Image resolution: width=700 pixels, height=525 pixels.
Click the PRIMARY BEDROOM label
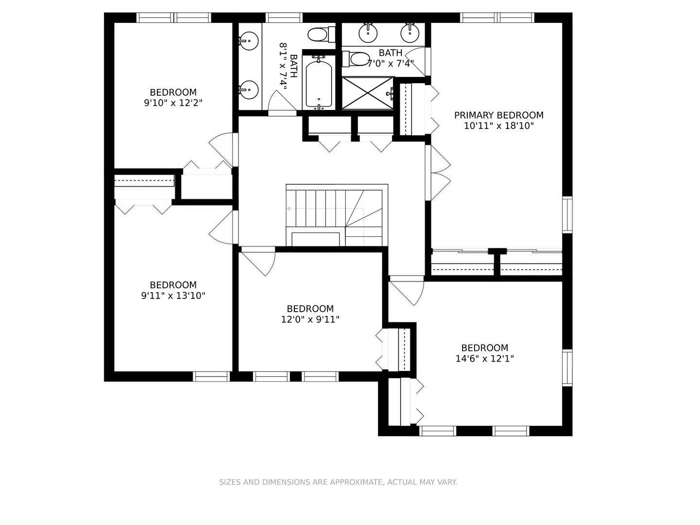pyautogui.click(x=498, y=115)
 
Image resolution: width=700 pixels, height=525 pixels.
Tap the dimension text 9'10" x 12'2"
pyautogui.click(x=173, y=103)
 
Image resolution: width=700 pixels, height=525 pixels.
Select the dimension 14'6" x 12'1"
pyautogui.click(x=484, y=359)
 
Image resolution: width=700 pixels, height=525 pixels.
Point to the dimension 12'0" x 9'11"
pyautogui.click(x=310, y=319)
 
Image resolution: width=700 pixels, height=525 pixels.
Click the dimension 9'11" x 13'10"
pyautogui.click(x=173, y=296)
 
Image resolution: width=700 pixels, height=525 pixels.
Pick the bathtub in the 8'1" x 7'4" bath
pyautogui.click(x=319, y=83)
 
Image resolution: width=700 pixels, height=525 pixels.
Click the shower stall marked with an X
pyautogui.click(x=368, y=93)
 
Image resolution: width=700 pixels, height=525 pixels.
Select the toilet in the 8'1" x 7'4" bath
pyautogui.click(x=319, y=35)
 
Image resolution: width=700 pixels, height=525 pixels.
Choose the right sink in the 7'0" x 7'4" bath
pyautogui.click(x=410, y=33)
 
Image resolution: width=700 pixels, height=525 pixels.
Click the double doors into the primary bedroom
pyautogui.click(x=439, y=173)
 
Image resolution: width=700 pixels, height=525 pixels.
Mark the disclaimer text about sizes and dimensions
pyautogui.click(x=338, y=482)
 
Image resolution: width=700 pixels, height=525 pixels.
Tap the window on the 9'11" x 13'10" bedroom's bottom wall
pyautogui.click(x=212, y=376)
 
